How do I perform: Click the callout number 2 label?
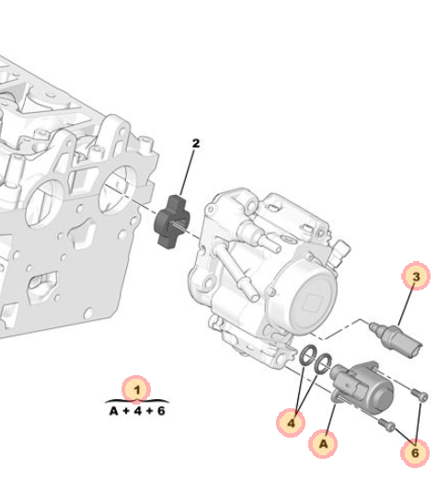196,143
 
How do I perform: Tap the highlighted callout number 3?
416,276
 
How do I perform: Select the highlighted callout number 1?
136,390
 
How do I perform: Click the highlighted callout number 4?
291,423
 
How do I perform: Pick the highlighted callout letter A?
323,444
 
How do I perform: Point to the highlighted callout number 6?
415,452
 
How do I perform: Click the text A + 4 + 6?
137,411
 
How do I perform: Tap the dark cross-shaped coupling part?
171,222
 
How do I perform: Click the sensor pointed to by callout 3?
396,340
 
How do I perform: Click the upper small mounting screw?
420,394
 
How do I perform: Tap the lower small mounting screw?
386,425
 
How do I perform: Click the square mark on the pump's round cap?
311,303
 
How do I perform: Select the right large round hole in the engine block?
118,189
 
